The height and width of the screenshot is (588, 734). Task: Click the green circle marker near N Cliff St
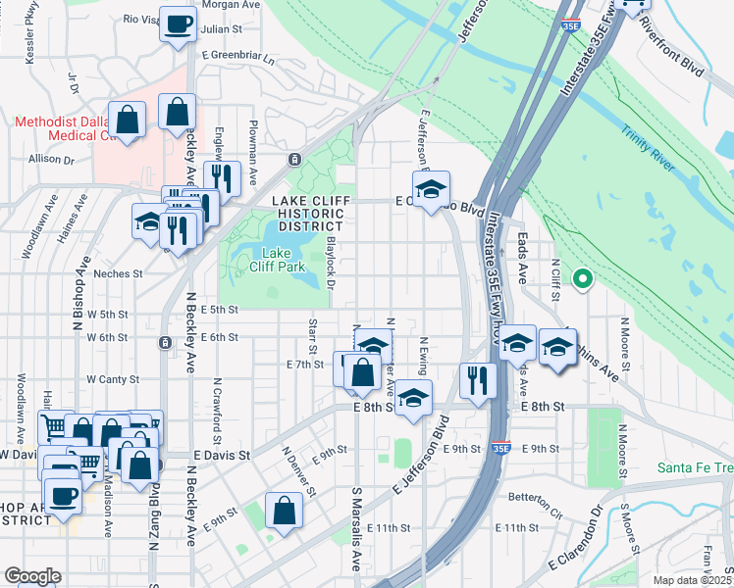tap(582, 280)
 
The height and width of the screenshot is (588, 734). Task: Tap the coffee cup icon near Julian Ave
tap(178, 24)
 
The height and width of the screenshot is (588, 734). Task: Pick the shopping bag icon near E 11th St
tap(284, 511)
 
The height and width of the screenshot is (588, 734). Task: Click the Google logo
tap(32, 576)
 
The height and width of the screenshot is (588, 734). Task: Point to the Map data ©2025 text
tap(692, 580)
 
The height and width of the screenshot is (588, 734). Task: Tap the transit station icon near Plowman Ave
tap(293, 159)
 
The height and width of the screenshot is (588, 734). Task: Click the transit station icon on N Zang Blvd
tap(164, 342)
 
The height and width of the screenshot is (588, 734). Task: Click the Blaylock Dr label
tap(331, 263)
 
